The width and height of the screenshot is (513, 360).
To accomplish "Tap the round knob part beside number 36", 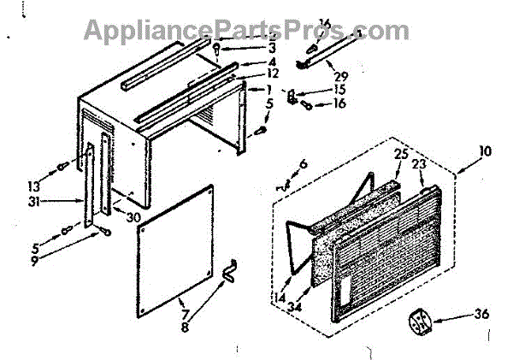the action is [422, 322].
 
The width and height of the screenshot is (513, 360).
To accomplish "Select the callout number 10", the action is [485, 150].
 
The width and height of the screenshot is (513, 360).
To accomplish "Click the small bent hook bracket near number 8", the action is [228, 272].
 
